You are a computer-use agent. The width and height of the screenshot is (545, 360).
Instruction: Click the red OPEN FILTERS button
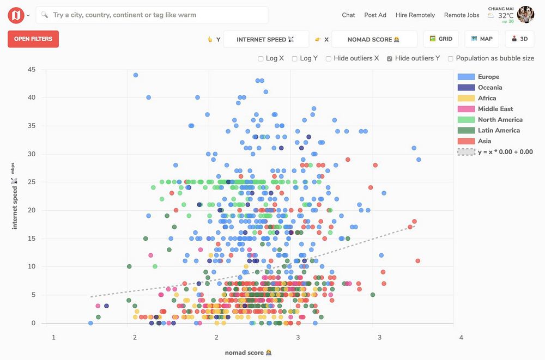33,39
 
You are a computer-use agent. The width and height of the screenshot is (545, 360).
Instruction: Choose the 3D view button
519,39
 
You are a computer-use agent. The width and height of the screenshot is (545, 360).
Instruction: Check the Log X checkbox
261,59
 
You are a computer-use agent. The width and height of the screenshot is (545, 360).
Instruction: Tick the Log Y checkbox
295,59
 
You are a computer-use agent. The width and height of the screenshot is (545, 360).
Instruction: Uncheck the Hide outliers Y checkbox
390,59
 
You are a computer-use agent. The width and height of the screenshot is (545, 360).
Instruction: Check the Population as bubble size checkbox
451,59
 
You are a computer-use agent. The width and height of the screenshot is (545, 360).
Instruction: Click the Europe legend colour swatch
466,77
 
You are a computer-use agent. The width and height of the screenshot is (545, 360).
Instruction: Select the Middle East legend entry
495,109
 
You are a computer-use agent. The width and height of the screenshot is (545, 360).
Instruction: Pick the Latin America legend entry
499,130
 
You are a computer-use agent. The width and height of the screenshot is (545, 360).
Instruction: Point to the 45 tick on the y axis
32,70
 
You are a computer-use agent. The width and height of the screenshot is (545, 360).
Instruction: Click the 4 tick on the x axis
461,338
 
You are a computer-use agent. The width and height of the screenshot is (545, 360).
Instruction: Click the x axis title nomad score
245,353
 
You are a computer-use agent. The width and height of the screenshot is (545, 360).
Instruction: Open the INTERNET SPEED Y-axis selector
265,39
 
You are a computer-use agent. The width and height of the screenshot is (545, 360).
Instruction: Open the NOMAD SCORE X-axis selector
374,39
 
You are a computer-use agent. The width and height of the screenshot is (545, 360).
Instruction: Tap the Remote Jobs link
462,15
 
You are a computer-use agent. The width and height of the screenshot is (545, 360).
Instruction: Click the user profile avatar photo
526,15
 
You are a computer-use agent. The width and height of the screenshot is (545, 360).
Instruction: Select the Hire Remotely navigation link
415,15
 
